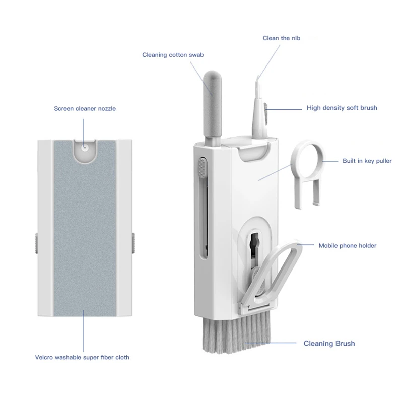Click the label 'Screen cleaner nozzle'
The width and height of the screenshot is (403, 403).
click(85, 108)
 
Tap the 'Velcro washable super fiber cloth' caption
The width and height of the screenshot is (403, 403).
click(82, 357)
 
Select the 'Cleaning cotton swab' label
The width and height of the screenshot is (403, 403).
click(173, 55)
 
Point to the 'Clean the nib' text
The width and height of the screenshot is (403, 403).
click(282, 38)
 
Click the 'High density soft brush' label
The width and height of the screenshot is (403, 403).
click(342, 108)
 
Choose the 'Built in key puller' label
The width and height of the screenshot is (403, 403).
click(367, 161)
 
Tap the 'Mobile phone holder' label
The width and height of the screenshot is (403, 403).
click(348, 246)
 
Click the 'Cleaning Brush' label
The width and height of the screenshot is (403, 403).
click(329, 344)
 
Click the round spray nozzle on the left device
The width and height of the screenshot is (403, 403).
click(85, 148)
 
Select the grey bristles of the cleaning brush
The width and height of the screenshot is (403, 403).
click(236, 334)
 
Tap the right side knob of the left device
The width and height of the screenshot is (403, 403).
click(133, 243)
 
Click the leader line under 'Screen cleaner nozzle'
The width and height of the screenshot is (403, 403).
click(83, 133)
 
